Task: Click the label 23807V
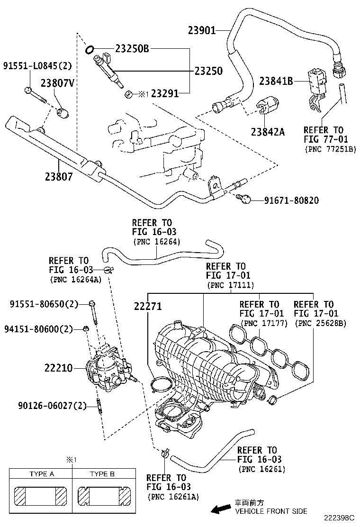(x=58, y=83)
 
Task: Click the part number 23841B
(x=275, y=81)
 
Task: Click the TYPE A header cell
(x=41, y=473)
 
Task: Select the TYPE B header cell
(x=102, y=473)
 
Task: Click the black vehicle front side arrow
(x=221, y=510)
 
